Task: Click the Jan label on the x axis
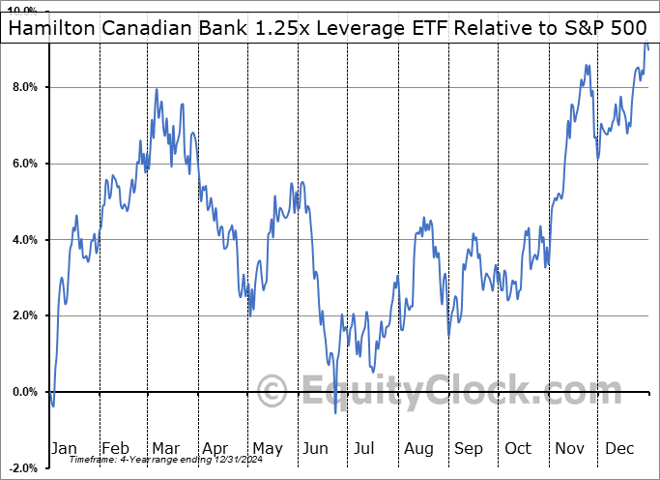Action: tap(63, 449)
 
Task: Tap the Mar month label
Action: tap(166, 449)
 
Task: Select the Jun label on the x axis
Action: tap(316, 449)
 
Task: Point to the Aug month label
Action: tap(418, 449)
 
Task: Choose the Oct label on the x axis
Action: tap(519, 449)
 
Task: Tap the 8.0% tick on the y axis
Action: tap(23, 87)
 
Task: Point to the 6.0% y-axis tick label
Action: tap(23, 164)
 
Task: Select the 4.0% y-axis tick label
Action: tap(23, 240)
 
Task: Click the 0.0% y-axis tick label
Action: tap(23, 392)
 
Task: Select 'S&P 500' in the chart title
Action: tap(606, 29)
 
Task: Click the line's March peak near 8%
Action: tap(157, 90)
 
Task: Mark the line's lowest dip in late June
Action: tap(335, 413)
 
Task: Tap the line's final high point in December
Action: tap(646, 45)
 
